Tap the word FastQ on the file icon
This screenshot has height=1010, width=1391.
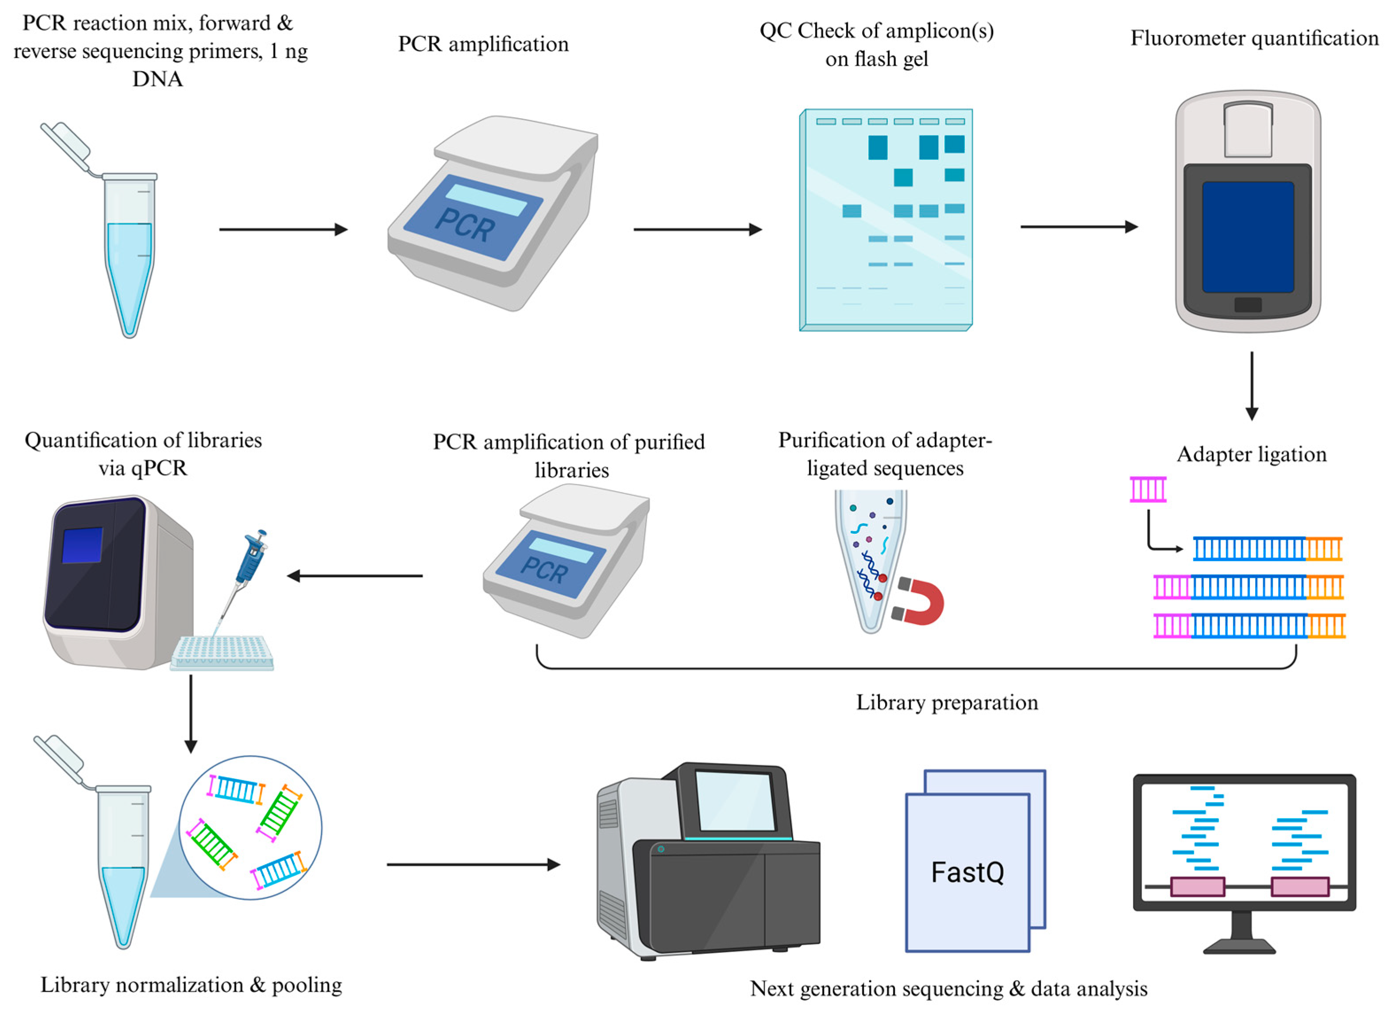(967, 871)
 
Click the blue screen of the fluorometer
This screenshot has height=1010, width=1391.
(1248, 237)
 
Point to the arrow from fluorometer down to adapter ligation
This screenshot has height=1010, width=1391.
(1252, 386)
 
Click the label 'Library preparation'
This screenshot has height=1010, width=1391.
(947, 702)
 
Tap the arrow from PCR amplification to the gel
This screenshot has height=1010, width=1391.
(697, 229)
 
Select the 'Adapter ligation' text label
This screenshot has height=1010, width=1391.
(1251, 455)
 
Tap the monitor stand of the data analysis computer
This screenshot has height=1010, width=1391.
(1241, 932)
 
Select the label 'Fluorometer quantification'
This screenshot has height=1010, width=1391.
(1254, 38)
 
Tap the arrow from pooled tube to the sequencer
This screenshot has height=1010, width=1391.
(474, 865)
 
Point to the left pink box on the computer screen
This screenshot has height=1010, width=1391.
(1197, 887)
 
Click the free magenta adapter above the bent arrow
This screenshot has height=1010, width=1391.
(1148, 490)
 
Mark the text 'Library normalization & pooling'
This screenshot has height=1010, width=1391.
(191, 985)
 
